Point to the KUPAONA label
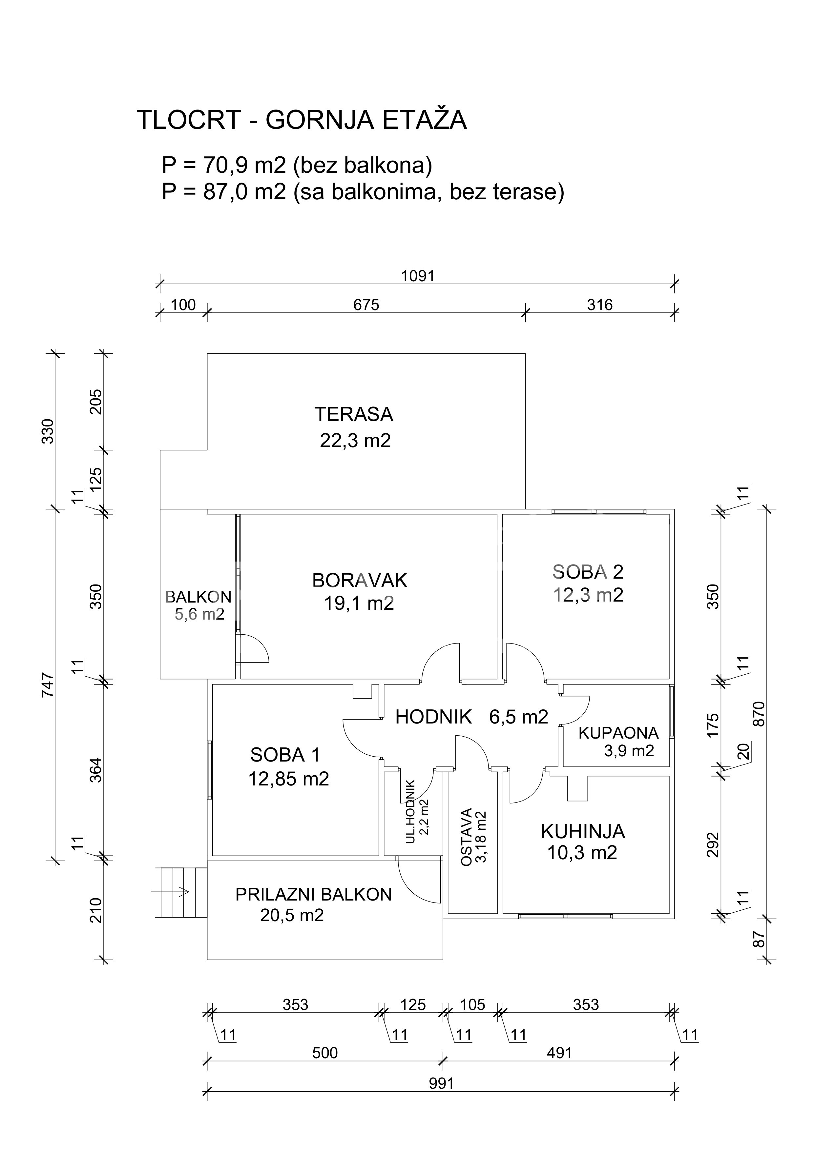[x=618, y=733]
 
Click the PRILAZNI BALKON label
[x=313, y=895]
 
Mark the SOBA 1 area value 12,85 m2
[x=289, y=779]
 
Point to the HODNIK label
[x=433, y=717]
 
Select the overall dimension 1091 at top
[x=418, y=276]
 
